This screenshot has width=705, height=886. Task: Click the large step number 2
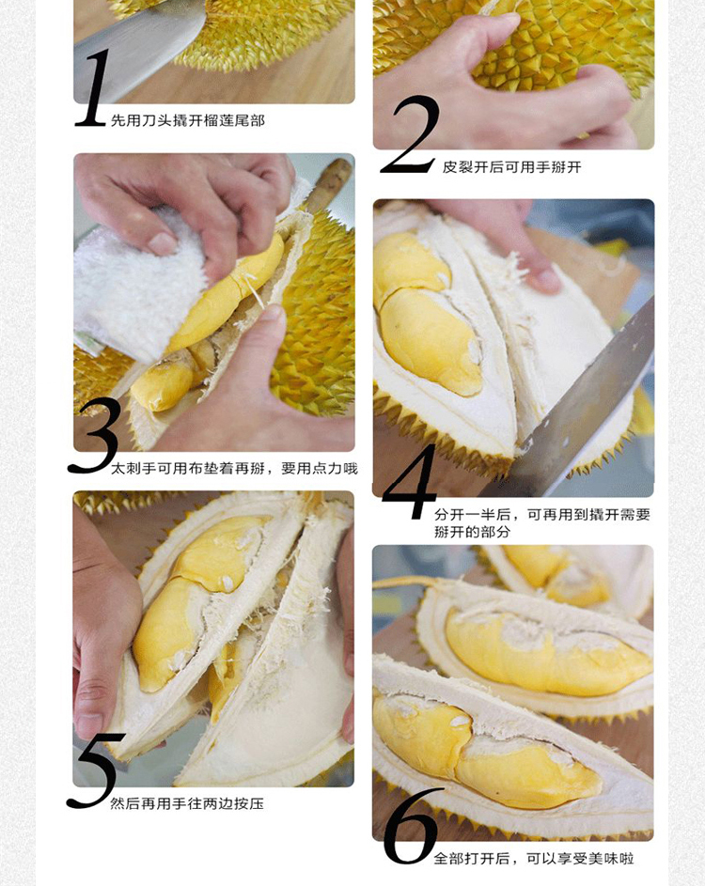pos(411,137)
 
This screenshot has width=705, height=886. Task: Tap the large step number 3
pos(95,435)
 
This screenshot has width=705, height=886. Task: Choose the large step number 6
pos(411,826)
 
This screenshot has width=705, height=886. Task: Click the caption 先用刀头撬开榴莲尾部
pos(188,120)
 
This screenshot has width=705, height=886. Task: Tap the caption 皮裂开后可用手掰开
pos(512,167)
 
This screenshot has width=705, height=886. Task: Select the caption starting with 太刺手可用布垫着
pos(234,469)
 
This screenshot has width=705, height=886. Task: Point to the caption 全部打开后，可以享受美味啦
pos(533,859)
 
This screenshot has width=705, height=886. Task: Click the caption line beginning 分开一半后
pos(541,515)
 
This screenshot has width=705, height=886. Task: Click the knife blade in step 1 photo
pos(141,38)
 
